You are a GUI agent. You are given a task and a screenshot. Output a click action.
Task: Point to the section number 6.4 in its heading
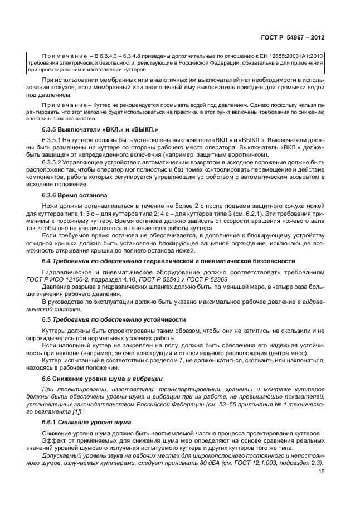(x=47, y=261)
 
